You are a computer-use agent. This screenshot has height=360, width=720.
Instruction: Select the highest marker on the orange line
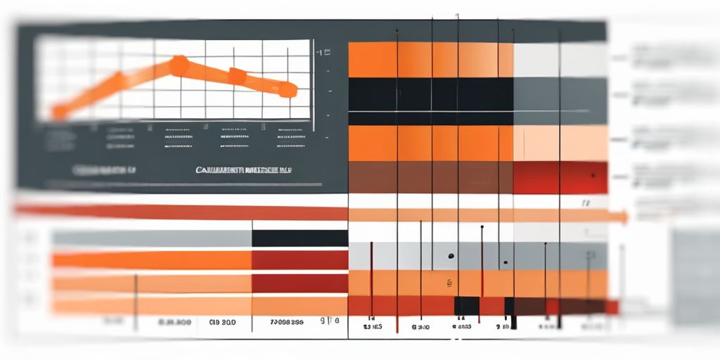[x=179, y=65]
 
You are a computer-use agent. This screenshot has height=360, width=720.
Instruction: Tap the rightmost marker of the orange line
[x=287, y=89]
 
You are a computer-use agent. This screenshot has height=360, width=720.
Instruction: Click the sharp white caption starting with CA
[x=245, y=169]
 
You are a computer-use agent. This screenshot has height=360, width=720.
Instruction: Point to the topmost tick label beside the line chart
[x=323, y=52]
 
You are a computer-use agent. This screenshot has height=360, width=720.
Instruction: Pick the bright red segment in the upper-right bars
[x=560, y=178]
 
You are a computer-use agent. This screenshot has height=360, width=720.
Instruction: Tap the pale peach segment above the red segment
[x=560, y=143]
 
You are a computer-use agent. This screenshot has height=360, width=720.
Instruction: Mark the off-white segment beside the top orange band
[x=560, y=60]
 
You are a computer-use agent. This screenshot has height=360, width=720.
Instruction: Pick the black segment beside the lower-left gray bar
[x=300, y=238]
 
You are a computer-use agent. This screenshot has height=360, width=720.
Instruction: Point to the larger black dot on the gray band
[x=451, y=256]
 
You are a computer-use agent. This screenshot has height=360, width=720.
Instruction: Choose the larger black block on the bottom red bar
[x=466, y=306]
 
